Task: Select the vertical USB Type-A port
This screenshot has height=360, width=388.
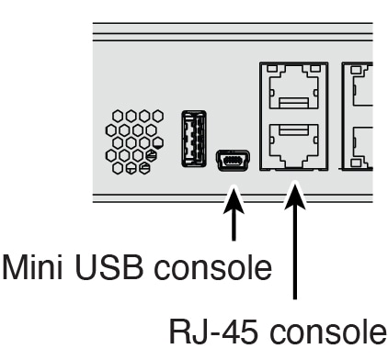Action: click(x=193, y=139)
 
